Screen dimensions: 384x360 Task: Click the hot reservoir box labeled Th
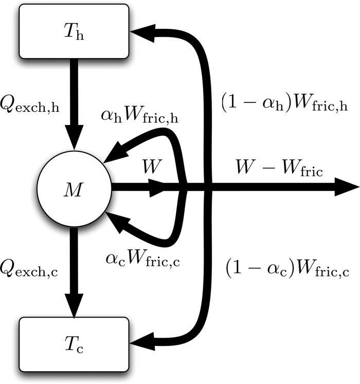click(74, 31)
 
